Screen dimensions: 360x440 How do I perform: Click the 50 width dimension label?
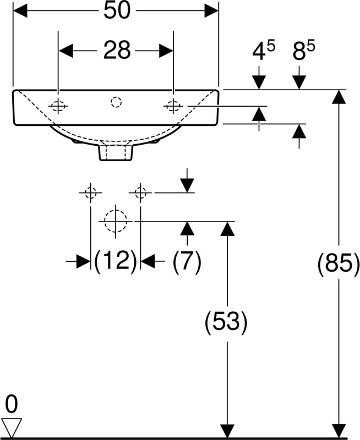pos(117,10)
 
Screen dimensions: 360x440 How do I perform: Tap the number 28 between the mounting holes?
pos(117,50)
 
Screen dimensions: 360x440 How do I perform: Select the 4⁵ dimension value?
pos(264,51)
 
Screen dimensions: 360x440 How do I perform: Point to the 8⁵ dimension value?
pos(303,51)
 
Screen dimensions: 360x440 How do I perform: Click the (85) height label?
pos(339,264)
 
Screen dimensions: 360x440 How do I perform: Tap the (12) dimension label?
pos(116,261)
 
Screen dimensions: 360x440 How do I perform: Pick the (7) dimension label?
pos(187,262)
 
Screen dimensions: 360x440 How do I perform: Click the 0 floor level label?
pos(12,404)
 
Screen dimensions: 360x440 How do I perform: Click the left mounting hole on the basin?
pos(58,106)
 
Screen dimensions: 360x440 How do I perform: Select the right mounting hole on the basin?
pos(173,106)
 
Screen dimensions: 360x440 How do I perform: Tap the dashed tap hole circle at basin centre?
pos(116,102)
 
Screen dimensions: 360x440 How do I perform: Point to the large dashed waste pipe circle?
pos(116,221)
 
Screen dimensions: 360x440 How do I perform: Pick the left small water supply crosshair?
pos(90,193)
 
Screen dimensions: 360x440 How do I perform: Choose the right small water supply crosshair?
pos(140,193)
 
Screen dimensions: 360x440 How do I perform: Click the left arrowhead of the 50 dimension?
pos(20,11)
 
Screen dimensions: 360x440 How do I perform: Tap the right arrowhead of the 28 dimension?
pos(166,51)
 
